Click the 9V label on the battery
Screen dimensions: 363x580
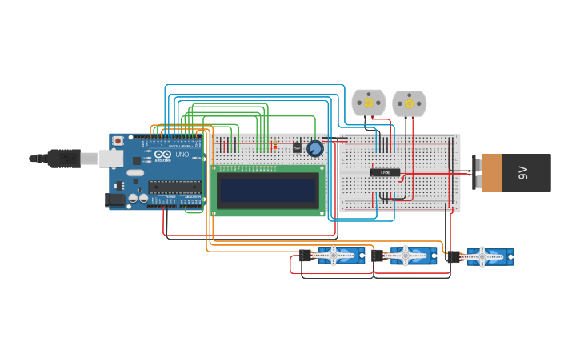523,172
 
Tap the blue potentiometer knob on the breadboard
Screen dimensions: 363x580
314,148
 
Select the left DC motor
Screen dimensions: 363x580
369,103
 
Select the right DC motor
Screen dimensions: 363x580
409,103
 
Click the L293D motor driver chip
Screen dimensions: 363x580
385,171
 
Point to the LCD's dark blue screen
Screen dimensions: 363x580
268,190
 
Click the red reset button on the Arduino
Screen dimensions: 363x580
118,141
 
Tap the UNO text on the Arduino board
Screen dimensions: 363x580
181,154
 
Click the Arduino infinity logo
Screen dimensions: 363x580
160,155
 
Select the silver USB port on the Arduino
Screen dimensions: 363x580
110,159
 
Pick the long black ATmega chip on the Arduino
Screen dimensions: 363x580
174,188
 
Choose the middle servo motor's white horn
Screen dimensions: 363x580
406,256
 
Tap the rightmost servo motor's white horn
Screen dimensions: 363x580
482,256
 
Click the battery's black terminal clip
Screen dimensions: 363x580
476,173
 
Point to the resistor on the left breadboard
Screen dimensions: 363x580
276,146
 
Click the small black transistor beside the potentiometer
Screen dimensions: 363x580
297,147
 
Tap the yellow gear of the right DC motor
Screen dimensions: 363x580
409,103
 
